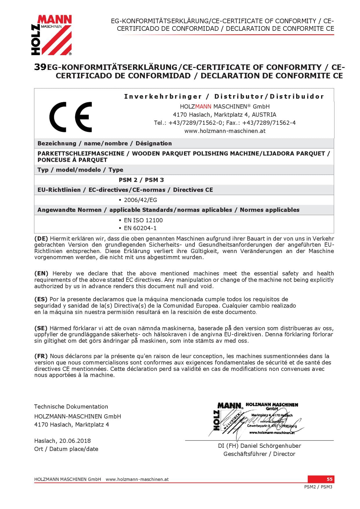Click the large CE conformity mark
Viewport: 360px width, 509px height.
coord(71,117)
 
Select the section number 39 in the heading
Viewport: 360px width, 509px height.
coord(40,67)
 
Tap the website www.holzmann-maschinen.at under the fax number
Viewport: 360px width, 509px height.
coord(225,131)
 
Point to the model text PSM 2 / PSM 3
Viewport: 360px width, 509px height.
coord(141,180)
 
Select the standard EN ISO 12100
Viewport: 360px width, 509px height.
coord(143,220)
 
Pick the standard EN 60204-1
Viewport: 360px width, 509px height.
coord(140,228)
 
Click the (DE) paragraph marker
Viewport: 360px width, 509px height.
coord(41,239)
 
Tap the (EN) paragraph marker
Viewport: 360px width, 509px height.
coord(41,273)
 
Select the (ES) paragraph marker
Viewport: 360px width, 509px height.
coord(41,299)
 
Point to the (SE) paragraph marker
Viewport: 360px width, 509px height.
coord(41,328)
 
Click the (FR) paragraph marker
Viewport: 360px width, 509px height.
coord(41,356)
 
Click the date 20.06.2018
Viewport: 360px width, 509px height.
coord(75,441)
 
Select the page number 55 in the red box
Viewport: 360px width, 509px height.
coord(330,479)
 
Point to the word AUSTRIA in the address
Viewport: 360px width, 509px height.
coord(264,115)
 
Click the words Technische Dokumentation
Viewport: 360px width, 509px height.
coord(71,407)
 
